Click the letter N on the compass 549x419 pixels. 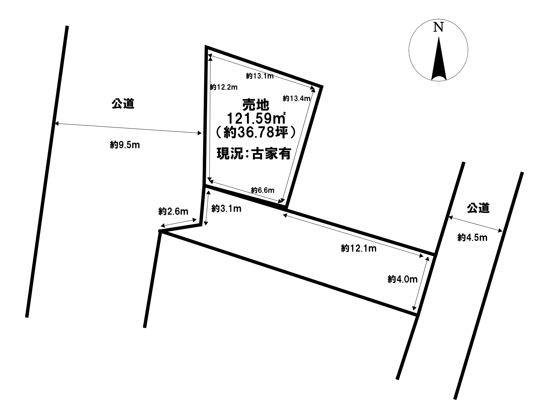click(438, 27)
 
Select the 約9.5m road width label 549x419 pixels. click(125, 145)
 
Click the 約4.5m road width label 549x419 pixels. click(472, 238)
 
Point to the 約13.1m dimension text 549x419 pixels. click(260, 76)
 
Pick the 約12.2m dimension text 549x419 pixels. click(223, 87)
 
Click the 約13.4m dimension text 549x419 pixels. click(296, 99)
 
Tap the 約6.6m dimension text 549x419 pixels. click(263, 190)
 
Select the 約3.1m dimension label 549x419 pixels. click(226, 208)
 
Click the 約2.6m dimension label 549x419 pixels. click(173, 212)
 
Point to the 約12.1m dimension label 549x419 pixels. click(359, 249)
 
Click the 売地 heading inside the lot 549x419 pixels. click(256, 104)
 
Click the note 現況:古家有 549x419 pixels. click(254, 154)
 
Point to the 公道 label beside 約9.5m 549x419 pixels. click(123, 104)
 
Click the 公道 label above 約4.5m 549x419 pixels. click(478, 208)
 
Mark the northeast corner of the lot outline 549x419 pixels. click(321, 86)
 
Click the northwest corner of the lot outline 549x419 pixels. click(206, 47)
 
